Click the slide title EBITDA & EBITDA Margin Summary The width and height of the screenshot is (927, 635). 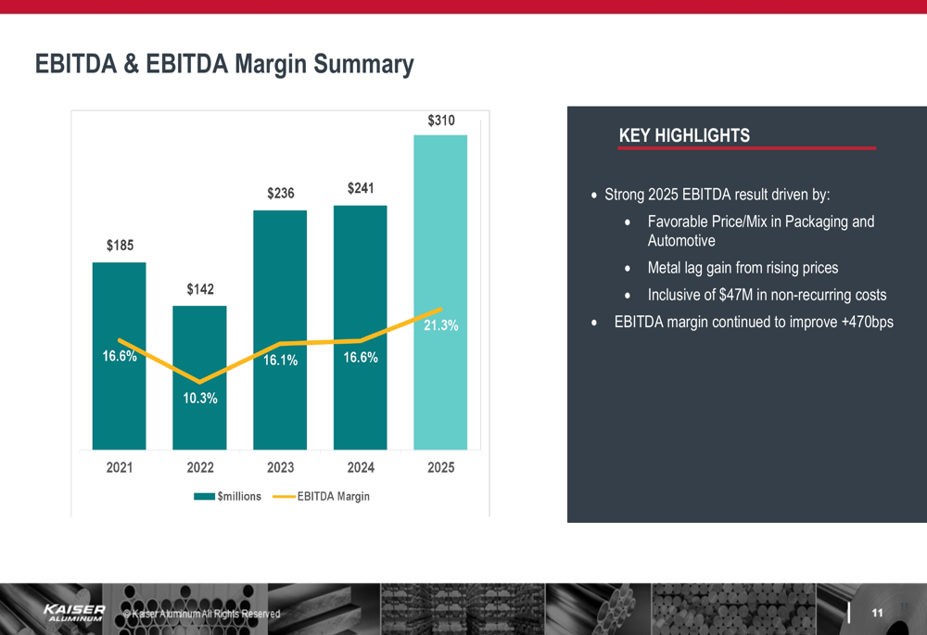coord(223,64)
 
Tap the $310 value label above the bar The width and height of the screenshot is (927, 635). coord(440,121)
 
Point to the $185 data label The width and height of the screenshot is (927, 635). coord(120,246)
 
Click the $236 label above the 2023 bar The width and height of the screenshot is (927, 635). coord(280,194)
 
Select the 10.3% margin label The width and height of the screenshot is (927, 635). coord(199,399)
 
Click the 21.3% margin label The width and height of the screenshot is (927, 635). coord(440,326)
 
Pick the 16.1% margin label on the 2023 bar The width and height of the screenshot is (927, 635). coord(280,361)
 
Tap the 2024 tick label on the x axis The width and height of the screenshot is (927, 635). coord(361,468)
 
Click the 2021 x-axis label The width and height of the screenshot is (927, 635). coord(120,468)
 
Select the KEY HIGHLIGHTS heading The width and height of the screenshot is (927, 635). coord(684,136)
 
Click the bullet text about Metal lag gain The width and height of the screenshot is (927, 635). coord(742,268)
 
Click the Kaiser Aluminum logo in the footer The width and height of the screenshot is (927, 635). coord(74,612)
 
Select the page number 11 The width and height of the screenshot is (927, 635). coord(876,613)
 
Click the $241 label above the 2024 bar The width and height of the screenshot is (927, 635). coord(361,189)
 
